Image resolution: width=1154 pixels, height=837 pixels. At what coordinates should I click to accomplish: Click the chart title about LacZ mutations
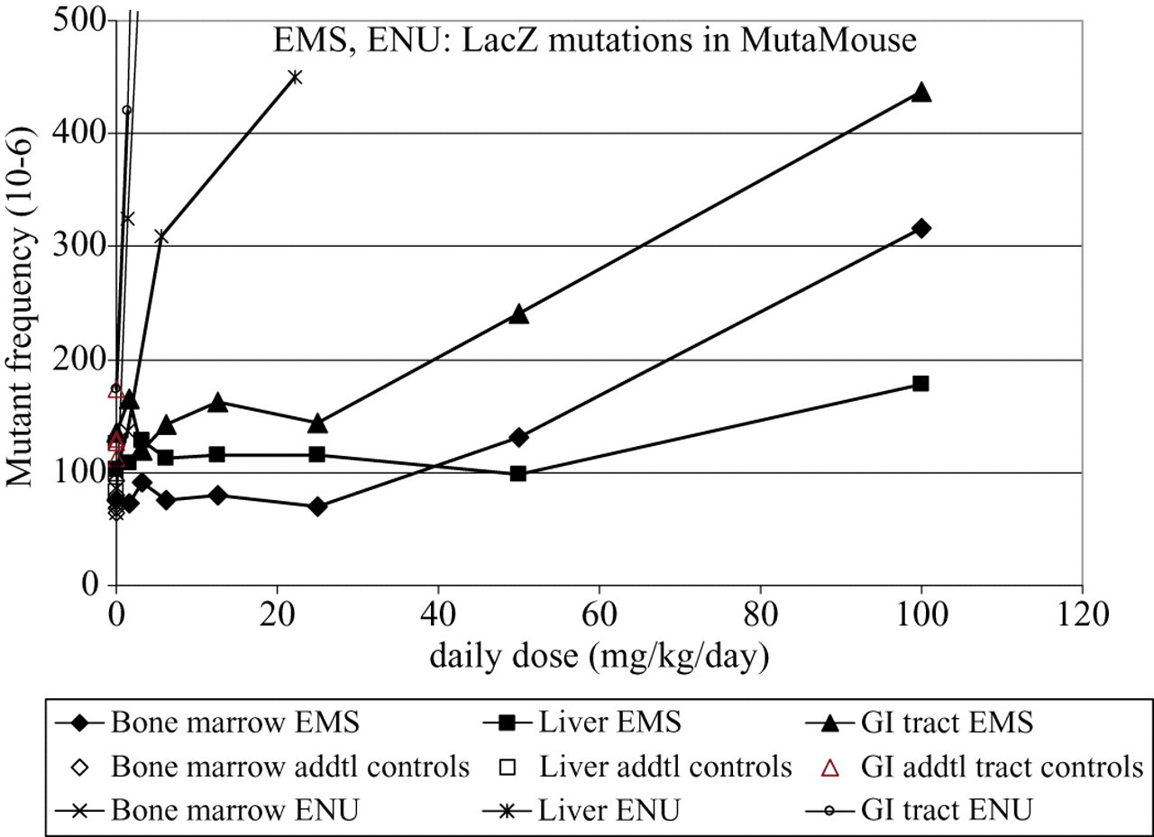(594, 41)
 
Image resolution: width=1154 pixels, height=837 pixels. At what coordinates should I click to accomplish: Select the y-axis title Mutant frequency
(20, 307)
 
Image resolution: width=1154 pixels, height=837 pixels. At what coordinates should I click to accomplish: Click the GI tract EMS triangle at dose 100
(921, 92)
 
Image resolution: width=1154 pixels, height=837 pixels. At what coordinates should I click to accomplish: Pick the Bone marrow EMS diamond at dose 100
(921, 229)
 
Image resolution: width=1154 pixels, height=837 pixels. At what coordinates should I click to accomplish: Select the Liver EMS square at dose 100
(920, 384)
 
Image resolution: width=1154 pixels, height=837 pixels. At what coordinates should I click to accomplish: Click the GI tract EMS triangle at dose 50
(518, 314)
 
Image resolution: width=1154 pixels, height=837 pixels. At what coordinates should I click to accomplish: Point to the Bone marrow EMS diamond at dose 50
(518, 438)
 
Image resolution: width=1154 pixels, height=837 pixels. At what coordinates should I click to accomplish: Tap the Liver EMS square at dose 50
(518, 474)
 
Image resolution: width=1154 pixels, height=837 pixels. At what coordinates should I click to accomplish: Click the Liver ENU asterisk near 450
(295, 77)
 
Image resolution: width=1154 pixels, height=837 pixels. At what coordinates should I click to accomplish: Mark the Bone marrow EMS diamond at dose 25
(318, 506)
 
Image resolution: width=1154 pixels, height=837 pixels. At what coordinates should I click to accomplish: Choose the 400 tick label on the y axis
(78, 133)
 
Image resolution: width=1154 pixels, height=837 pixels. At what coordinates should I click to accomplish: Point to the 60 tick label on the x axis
(600, 615)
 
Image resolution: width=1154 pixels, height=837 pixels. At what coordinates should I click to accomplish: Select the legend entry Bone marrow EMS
(207, 723)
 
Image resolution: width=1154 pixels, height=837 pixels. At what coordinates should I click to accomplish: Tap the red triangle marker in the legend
(830, 768)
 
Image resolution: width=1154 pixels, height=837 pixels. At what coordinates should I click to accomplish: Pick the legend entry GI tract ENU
(920, 810)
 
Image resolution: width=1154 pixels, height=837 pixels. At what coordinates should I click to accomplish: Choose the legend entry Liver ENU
(582, 810)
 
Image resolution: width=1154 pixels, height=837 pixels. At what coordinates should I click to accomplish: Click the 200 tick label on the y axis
(78, 360)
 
